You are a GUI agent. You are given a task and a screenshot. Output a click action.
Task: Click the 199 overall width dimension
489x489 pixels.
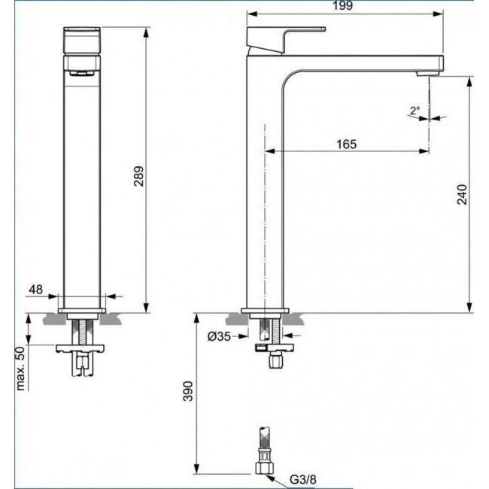(342, 5)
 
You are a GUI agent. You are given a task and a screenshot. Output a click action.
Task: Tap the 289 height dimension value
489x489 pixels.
(138, 176)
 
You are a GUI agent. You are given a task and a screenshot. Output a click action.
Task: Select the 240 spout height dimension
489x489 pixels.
(462, 194)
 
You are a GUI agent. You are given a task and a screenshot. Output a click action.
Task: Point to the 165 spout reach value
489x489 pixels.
(346, 144)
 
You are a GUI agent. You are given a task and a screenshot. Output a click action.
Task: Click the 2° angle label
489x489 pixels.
(415, 111)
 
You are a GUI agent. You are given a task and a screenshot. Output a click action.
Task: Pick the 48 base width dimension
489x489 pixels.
(35, 290)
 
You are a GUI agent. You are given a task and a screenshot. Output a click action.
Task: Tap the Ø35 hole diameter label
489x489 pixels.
(219, 336)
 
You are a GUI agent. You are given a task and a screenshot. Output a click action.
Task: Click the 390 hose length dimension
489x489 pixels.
(188, 390)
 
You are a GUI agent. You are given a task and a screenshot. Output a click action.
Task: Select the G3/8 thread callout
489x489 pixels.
(303, 479)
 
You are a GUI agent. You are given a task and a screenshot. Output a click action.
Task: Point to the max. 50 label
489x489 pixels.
(20, 369)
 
